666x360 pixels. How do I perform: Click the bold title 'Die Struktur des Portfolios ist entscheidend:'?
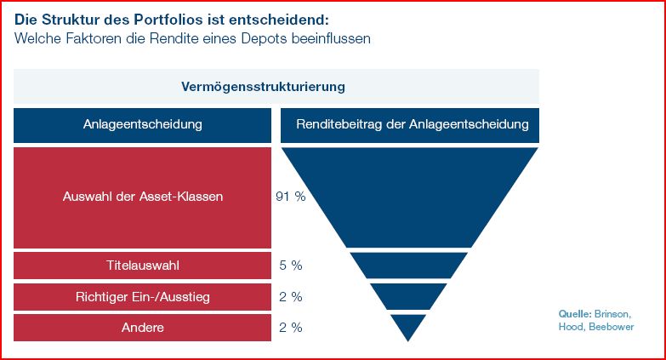[x=172, y=18]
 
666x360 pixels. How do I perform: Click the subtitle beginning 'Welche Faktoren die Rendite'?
[x=192, y=38]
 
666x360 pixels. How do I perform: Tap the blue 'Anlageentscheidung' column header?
[x=142, y=124]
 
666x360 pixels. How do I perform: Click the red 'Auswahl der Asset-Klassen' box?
[x=142, y=197]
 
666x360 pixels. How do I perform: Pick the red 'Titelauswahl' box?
[x=142, y=266]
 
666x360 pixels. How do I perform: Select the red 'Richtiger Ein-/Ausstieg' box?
[x=142, y=296]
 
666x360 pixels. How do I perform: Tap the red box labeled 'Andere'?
[x=142, y=328]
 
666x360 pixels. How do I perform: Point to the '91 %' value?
[x=290, y=197]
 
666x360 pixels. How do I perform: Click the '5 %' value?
[x=291, y=266]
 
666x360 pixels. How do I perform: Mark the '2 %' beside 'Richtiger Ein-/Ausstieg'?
[x=291, y=296]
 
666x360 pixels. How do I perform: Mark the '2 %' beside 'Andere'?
[x=291, y=328]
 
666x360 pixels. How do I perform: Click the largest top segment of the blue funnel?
[x=409, y=191]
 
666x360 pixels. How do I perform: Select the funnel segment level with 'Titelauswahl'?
[x=409, y=266]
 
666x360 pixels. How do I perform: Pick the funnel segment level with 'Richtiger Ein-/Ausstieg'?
[x=409, y=296]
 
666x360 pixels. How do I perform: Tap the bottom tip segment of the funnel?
[x=408, y=324]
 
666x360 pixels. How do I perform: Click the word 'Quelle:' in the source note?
[x=574, y=313]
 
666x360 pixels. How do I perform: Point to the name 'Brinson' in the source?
[x=612, y=313]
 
